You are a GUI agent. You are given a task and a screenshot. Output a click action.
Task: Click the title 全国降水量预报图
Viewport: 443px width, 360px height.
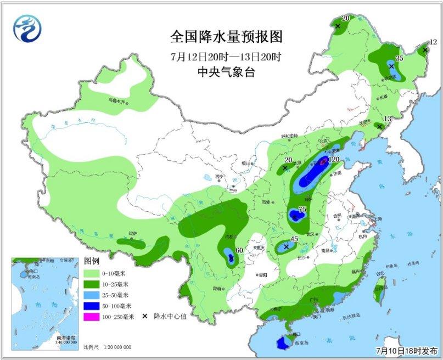(226, 37)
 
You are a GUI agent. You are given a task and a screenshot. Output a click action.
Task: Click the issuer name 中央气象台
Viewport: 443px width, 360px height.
(226, 72)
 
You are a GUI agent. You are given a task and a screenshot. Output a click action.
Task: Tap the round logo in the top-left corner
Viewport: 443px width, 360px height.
(28, 28)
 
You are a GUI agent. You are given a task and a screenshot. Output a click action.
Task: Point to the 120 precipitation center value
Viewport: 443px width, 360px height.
(334, 160)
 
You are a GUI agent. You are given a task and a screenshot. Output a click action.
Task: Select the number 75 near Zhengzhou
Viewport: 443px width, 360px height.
(301, 210)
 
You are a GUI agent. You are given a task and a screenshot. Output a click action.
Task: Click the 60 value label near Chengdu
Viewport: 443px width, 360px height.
(239, 250)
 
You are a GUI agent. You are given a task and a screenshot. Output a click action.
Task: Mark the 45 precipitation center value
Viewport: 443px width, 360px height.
(294, 239)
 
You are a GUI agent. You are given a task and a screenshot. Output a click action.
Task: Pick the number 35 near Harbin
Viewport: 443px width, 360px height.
(400, 58)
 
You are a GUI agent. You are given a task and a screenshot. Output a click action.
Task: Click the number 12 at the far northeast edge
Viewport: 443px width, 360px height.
(433, 42)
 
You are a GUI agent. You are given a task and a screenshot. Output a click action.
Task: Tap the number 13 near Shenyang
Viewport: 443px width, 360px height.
(388, 119)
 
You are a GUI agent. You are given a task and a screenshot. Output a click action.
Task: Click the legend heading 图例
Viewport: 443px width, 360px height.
(92, 261)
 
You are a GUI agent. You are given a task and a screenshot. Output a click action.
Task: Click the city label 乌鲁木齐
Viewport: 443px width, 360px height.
(116, 101)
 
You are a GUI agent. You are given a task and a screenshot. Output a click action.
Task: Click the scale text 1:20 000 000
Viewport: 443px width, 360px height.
(117, 347)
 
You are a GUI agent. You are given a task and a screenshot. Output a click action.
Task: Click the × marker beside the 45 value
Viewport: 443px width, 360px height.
(286, 247)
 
